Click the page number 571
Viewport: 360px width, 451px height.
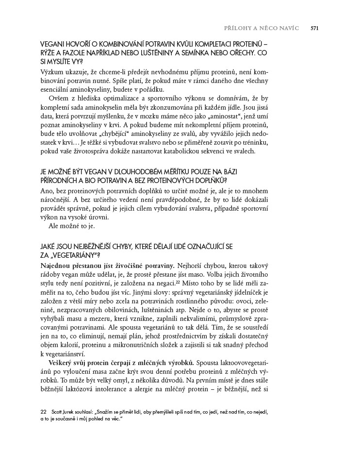click(x=314, y=28)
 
